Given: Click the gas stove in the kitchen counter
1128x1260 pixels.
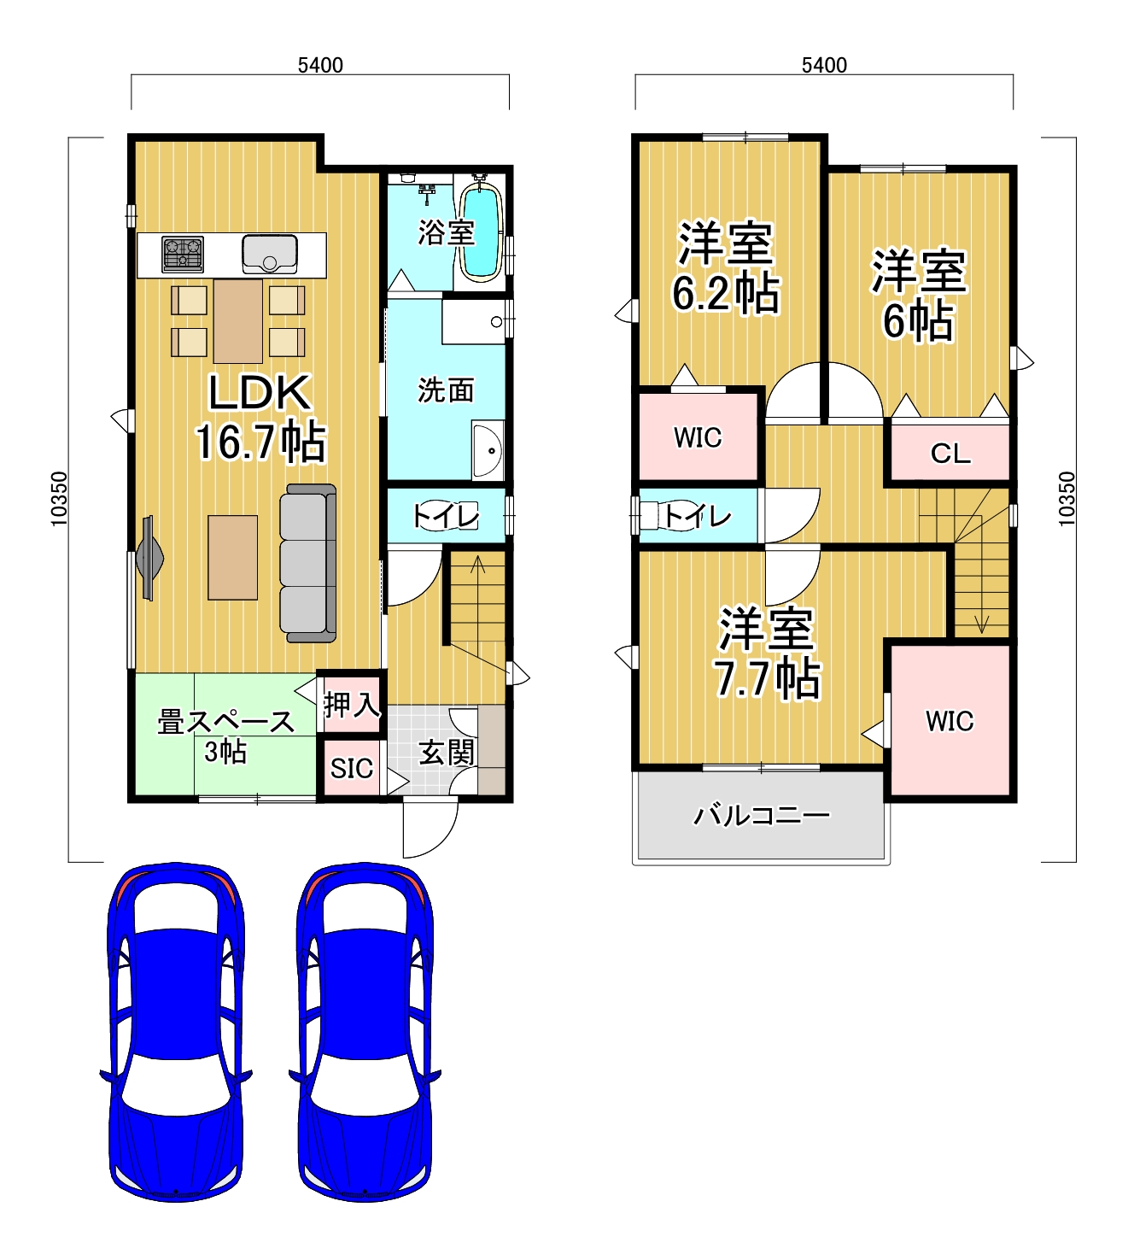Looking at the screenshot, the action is point(182,255).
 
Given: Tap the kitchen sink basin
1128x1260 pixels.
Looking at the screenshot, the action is point(270,254).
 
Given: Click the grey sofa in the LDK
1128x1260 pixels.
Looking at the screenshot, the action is point(307,563).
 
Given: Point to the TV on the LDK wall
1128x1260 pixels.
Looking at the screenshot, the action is point(149,558).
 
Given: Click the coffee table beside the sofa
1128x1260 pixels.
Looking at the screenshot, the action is point(232,557).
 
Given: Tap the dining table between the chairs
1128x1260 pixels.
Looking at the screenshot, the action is point(237,321).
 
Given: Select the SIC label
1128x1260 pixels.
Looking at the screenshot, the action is point(351,769).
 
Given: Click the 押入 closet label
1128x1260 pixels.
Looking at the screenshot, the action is point(351,705).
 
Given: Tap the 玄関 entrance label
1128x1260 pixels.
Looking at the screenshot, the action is point(447,753).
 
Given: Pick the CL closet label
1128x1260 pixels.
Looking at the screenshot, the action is point(950,454).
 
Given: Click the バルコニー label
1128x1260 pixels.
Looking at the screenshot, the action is point(761,815).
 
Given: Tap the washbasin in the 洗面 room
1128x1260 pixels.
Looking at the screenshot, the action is point(488,450).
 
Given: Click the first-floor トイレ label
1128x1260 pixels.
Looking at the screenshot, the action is point(446,516).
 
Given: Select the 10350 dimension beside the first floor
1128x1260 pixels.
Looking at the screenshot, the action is point(58,499).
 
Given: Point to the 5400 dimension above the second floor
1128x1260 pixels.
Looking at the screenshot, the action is point(824,65).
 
